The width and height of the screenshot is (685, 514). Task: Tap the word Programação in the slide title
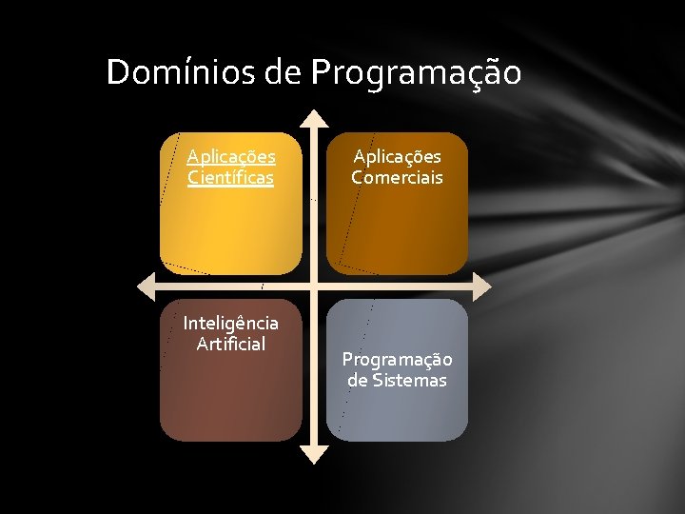416,73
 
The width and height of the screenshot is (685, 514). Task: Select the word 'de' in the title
283,72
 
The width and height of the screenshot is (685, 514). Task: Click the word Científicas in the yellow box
230,177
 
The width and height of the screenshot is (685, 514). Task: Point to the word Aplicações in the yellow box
230,156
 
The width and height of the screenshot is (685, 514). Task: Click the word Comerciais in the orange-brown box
397,177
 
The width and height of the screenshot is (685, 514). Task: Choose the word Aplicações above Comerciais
397,156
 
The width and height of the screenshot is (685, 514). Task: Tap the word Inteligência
230,324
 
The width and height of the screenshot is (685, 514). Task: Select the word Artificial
230,345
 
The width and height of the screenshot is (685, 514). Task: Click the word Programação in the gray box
397,360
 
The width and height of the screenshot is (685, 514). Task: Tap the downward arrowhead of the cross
313,455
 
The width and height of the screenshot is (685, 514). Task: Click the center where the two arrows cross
313,286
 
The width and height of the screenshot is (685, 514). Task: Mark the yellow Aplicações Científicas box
230,228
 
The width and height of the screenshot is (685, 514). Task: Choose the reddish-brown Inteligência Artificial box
230,400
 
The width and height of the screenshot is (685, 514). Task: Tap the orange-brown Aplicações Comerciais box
397,233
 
